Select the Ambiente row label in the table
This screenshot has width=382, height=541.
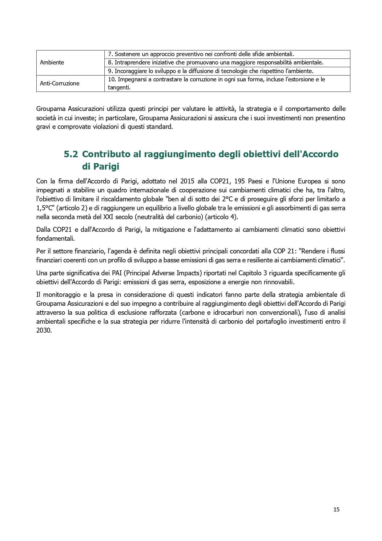pos(52,63)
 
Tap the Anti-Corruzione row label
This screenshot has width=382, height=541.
pos(60,83)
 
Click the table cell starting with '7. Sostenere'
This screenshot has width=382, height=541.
pos(201,54)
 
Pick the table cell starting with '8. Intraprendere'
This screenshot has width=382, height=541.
pos(215,63)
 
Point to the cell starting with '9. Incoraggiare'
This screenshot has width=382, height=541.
pos(211,71)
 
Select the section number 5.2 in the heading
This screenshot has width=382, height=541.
pos(71,154)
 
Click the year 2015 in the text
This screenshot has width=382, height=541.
pos(187,181)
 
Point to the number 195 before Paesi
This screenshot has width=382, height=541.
pos(239,181)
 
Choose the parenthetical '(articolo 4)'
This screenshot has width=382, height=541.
pos(222,217)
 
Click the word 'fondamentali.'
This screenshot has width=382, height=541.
pos(55,239)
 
